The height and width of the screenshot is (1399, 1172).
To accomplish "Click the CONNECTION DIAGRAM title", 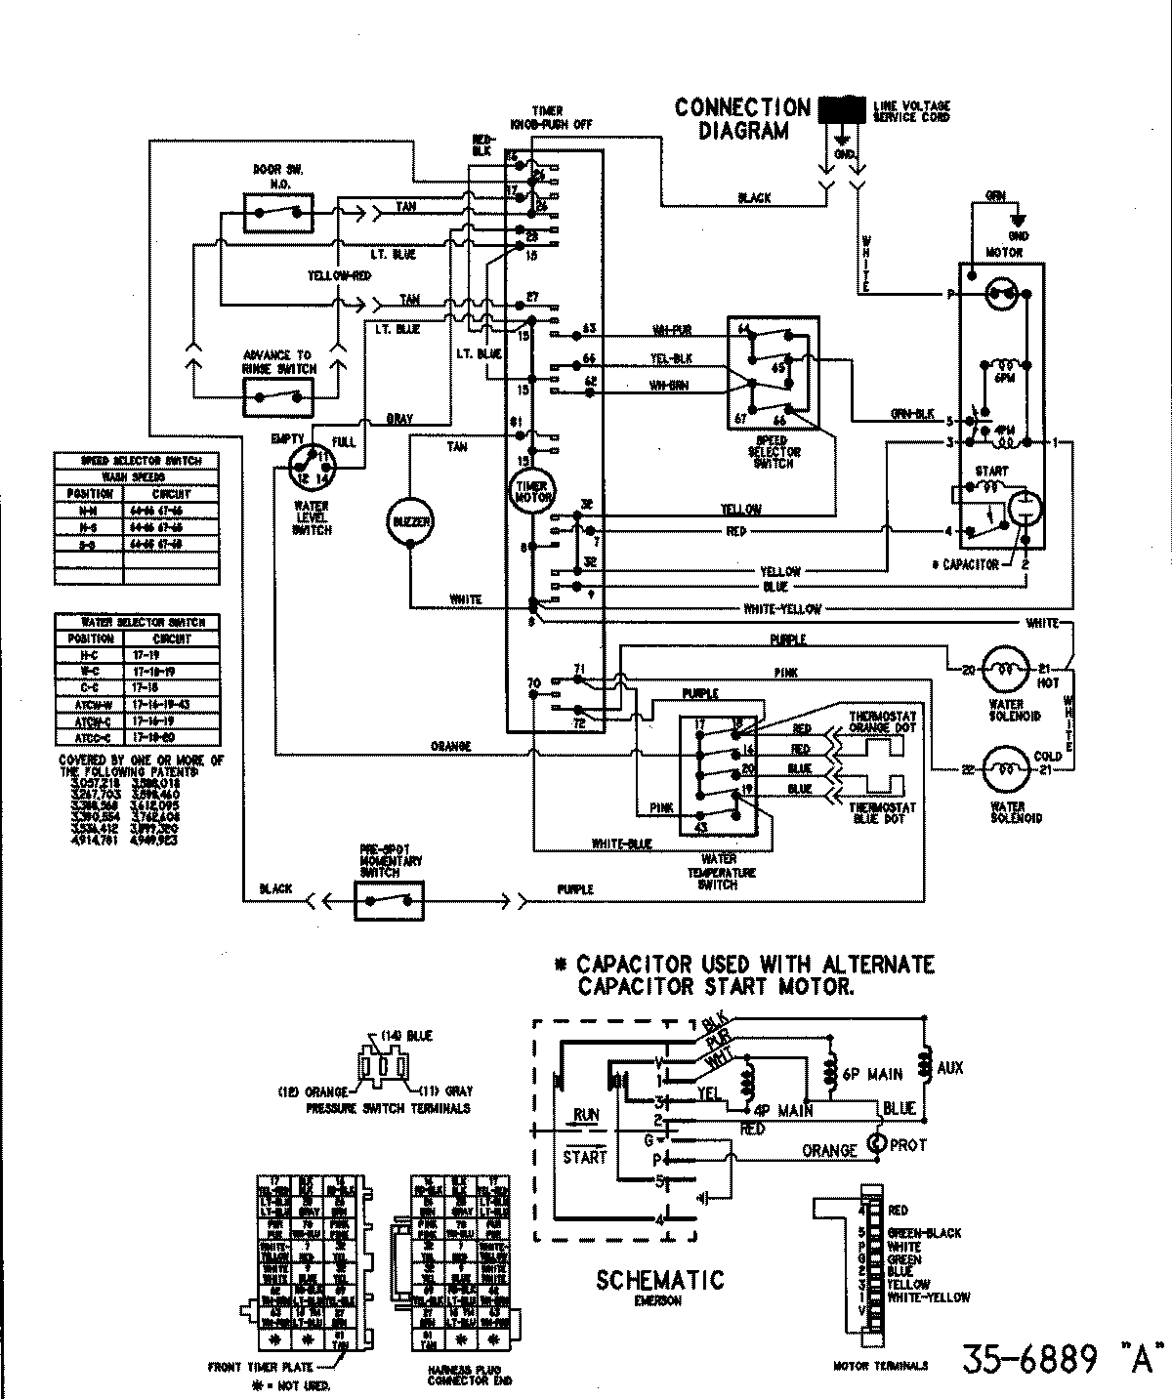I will [x=742, y=119].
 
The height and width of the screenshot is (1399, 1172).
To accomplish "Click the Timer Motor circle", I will [x=530, y=490].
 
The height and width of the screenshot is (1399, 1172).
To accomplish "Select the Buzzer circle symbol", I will [x=410, y=521].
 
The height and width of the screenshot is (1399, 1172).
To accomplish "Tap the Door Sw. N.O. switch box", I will [x=279, y=211].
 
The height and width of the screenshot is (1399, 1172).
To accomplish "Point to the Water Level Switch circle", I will [x=312, y=467].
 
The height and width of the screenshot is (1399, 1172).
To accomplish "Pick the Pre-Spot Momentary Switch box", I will [x=389, y=898].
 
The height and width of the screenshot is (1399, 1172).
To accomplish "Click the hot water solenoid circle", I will [x=1006, y=670].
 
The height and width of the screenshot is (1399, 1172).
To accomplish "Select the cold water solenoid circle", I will [x=1006, y=769].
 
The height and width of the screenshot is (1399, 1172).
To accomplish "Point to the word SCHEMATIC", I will [x=660, y=1279].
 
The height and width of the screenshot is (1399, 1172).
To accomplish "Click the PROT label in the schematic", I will [x=907, y=1144].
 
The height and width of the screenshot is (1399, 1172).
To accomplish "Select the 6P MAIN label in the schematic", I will [x=871, y=1074].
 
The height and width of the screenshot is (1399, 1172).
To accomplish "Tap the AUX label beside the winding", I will [x=949, y=1068].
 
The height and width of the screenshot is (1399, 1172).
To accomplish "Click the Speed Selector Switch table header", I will [x=137, y=461].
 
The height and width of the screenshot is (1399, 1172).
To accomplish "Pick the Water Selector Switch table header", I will [x=137, y=622].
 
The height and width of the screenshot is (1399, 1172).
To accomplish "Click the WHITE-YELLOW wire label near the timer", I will [x=781, y=609].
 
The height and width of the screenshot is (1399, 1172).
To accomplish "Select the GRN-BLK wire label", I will [x=912, y=414].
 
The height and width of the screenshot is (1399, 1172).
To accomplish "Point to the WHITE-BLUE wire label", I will [x=621, y=844].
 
